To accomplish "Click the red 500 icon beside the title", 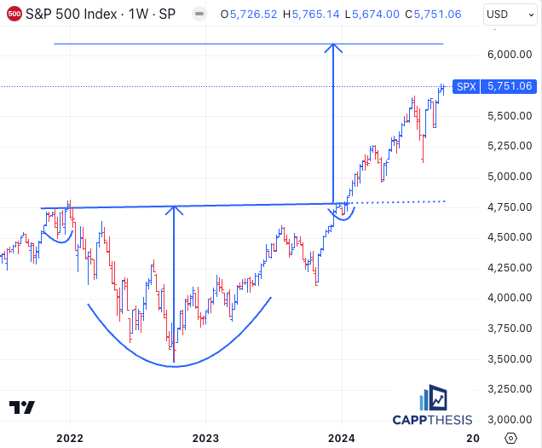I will tap(14, 14).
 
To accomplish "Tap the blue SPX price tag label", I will tap(465, 86).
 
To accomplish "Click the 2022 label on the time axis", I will tap(69, 439).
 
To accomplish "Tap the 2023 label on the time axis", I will tap(205, 439).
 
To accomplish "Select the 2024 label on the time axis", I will tap(342, 439).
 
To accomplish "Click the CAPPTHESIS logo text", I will tap(431, 419).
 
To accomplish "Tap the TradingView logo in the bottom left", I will tap(22, 408).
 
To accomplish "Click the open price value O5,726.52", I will tap(254, 14).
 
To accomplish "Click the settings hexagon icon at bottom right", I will tap(510, 438).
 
